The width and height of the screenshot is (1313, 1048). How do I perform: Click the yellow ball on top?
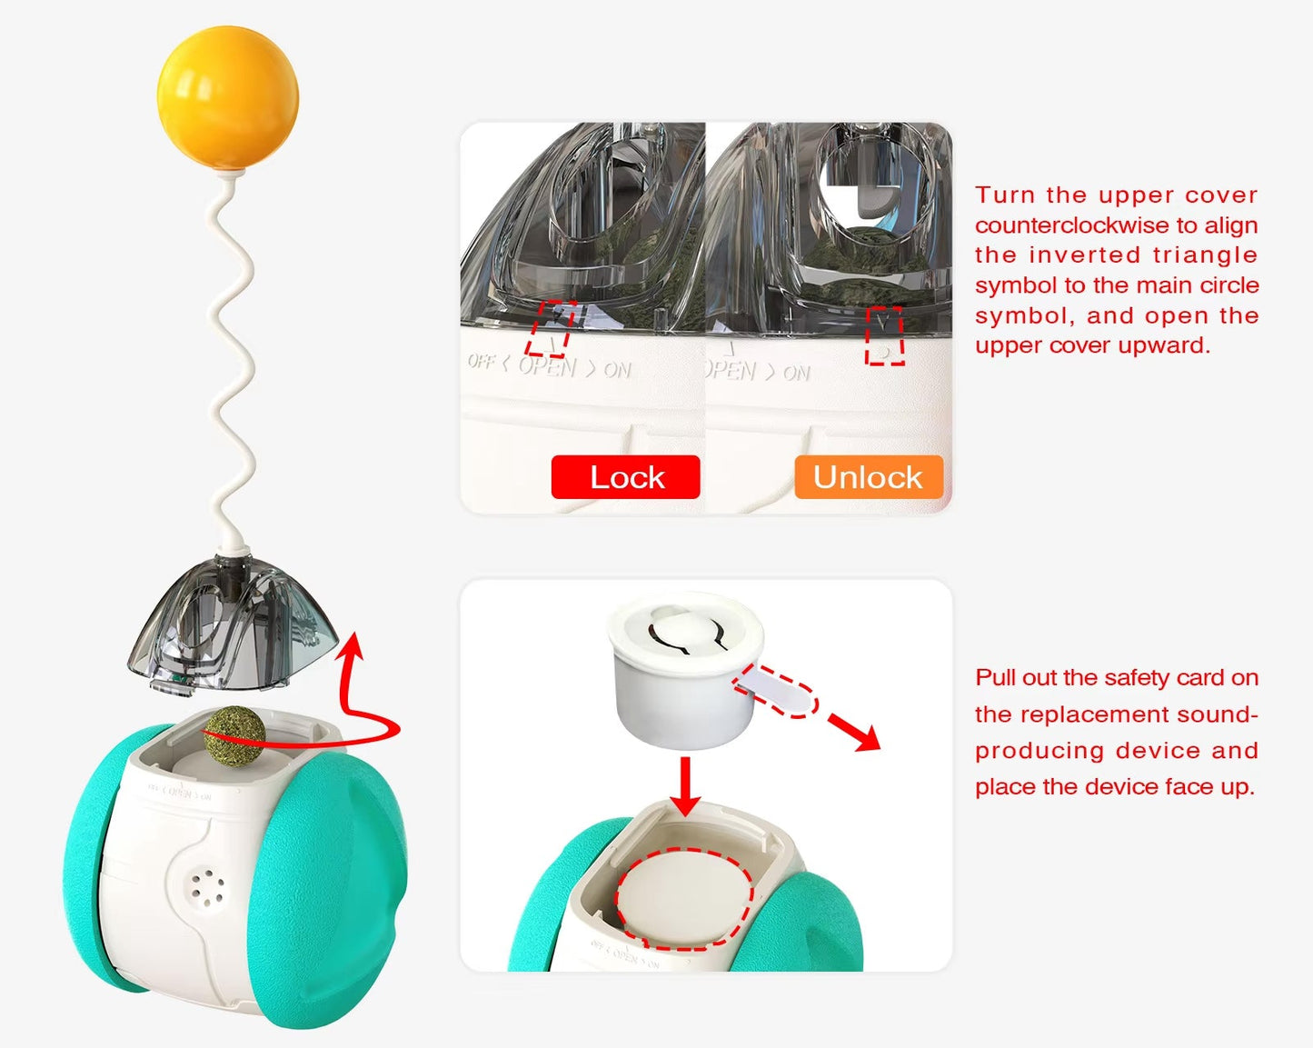227,97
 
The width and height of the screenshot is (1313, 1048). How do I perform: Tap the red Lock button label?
626,477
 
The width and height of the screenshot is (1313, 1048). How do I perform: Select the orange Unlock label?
868,477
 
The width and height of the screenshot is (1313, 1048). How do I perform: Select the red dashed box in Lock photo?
552,328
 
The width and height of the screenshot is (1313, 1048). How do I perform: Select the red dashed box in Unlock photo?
884,336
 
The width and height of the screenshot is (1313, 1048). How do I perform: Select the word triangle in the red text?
1205,255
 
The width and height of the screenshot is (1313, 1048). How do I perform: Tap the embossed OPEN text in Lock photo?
547,366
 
